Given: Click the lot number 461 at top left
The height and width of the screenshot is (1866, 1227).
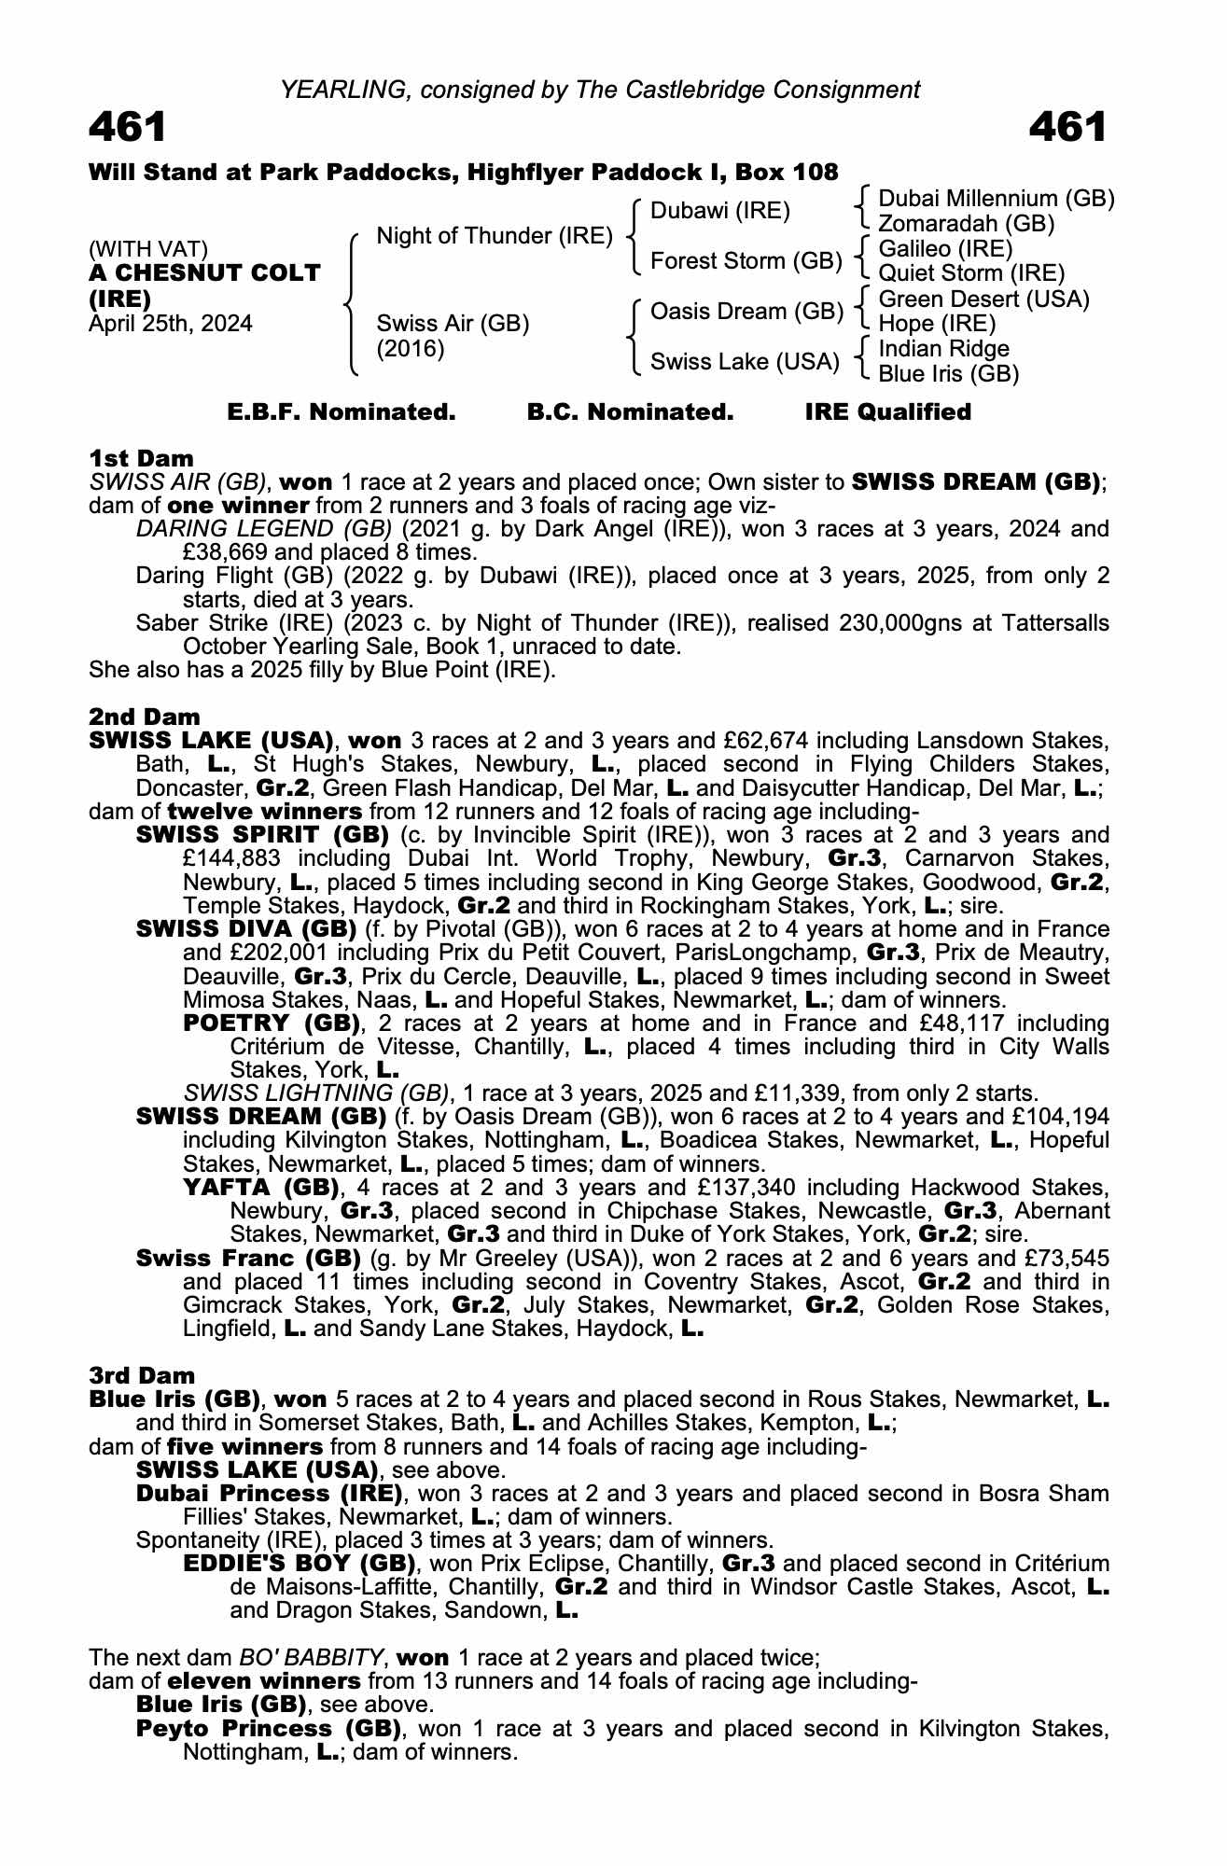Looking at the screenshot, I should (x=128, y=128).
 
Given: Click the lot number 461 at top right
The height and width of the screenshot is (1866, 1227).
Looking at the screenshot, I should (x=1067, y=128).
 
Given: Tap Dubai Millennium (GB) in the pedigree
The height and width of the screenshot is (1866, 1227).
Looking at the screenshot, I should (x=996, y=199).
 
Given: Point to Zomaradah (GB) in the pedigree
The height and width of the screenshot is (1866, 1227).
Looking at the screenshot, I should (x=967, y=224).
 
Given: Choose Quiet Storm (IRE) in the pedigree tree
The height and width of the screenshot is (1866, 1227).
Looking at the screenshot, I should (x=971, y=273).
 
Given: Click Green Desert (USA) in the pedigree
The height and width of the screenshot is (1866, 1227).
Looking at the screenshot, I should (x=984, y=299).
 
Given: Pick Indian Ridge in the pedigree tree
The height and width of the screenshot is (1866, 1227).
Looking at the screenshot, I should (x=944, y=349).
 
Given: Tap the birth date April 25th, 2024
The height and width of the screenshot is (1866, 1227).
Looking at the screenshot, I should (x=171, y=324).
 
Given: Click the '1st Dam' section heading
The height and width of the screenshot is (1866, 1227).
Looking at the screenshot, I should (x=141, y=458).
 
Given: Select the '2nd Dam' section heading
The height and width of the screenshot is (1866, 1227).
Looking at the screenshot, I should (x=145, y=717).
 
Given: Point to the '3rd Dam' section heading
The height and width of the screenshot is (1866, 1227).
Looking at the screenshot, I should (x=143, y=1375).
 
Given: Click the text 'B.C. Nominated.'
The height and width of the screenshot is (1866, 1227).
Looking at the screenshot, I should (x=630, y=412).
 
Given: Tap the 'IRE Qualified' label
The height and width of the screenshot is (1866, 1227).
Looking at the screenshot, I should (x=887, y=412).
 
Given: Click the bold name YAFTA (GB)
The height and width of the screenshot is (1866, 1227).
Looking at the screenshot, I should (x=261, y=1188).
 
